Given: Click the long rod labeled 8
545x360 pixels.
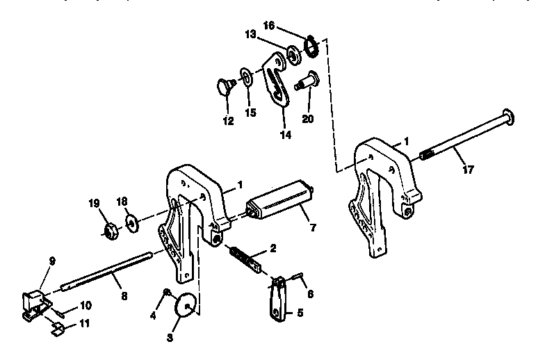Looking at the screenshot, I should coord(104,271).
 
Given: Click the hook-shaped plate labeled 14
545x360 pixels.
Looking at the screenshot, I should coord(278,83).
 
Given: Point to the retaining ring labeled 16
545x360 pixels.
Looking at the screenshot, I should coord(310,47).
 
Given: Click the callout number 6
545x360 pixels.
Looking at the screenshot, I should coord(311,294).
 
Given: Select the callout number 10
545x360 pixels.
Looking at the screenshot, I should coord(85,304).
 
